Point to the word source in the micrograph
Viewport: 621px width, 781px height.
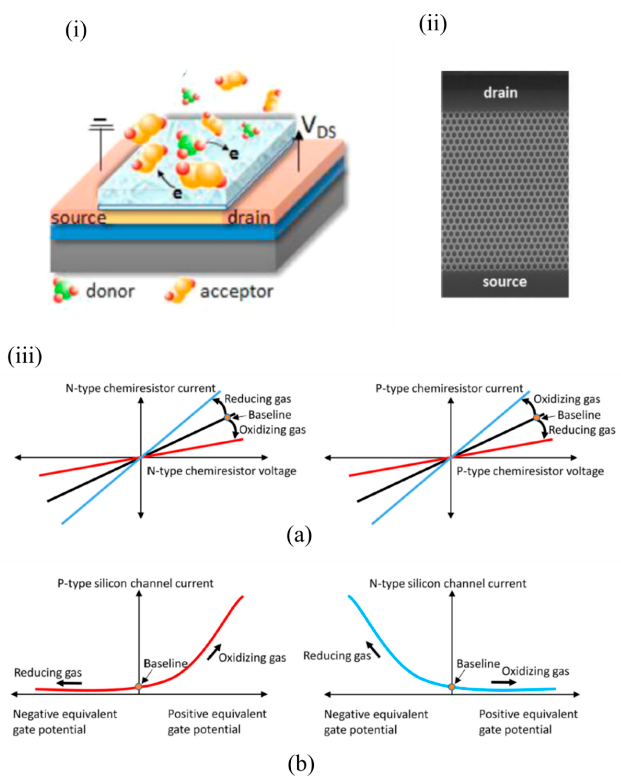[x=504, y=282]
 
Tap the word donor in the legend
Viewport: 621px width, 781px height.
[x=110, y=291]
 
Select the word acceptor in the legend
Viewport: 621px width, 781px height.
[x=236, y=291]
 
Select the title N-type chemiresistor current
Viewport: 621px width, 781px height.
[x=141, y=388]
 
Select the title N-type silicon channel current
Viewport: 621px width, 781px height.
[x=448, y=584]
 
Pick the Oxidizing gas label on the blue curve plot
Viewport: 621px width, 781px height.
[x=535, y=671]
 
